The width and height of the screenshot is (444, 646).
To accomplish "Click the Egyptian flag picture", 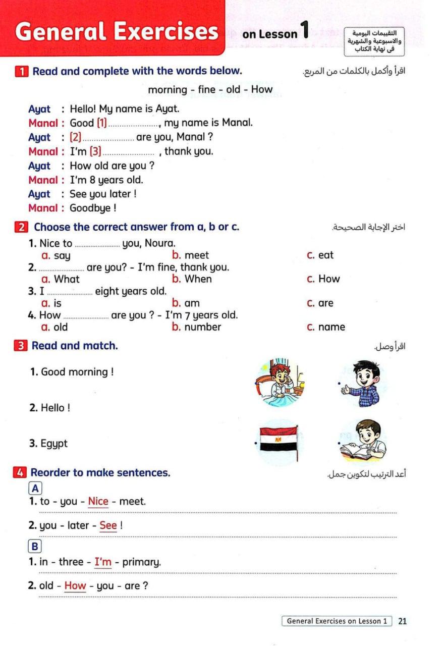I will [x=279, y=442].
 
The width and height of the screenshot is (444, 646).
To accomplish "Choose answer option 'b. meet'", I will [x=190, y=255].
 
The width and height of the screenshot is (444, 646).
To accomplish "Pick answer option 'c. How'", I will [x=323, y=279].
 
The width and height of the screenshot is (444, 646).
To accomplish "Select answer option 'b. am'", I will [x=186, y=303].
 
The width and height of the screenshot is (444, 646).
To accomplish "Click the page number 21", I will [x=402, y=621].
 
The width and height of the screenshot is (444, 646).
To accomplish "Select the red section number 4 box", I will [x=20, y=473].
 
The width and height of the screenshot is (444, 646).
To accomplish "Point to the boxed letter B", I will [x=35, y=547].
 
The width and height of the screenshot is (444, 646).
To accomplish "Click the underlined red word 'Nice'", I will [x=98, y=502].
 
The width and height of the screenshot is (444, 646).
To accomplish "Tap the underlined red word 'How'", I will [x=76, y=586].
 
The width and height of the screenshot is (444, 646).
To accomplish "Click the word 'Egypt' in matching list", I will [x=54, y=444].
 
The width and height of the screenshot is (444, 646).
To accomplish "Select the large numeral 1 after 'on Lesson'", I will [x=304, y=29].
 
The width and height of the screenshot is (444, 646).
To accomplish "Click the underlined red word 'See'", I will [x=108, y=525].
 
